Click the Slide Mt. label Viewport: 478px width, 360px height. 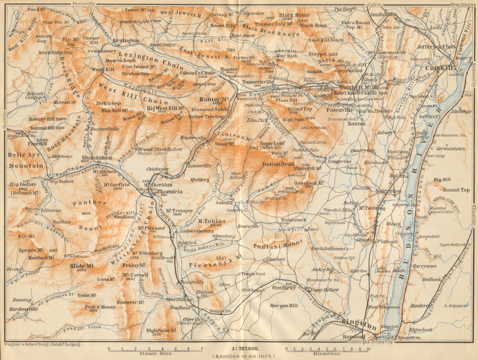81,265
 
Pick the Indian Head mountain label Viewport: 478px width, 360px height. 278,164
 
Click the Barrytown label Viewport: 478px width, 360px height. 425,266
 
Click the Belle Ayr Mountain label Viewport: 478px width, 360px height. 26,160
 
